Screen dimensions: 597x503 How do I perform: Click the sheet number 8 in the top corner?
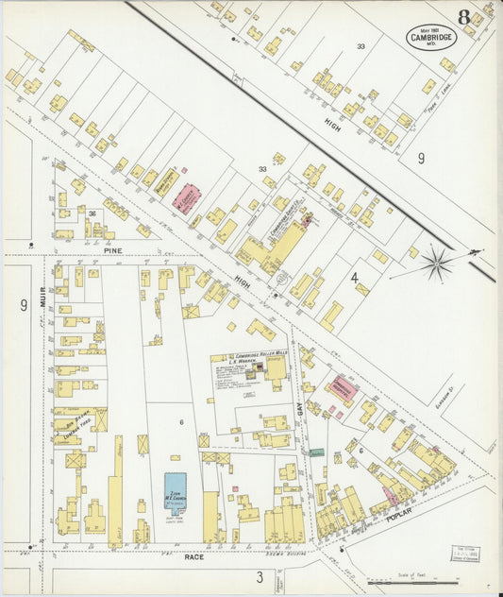465,17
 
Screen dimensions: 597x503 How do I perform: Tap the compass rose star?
437,263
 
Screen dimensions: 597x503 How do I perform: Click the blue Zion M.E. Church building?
176,490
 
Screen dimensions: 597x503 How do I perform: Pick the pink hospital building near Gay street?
342,387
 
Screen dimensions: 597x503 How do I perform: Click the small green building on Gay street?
317,453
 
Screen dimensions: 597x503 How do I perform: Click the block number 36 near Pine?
92,213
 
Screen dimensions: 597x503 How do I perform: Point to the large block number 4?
355,278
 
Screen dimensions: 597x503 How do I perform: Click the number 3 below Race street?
259,576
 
